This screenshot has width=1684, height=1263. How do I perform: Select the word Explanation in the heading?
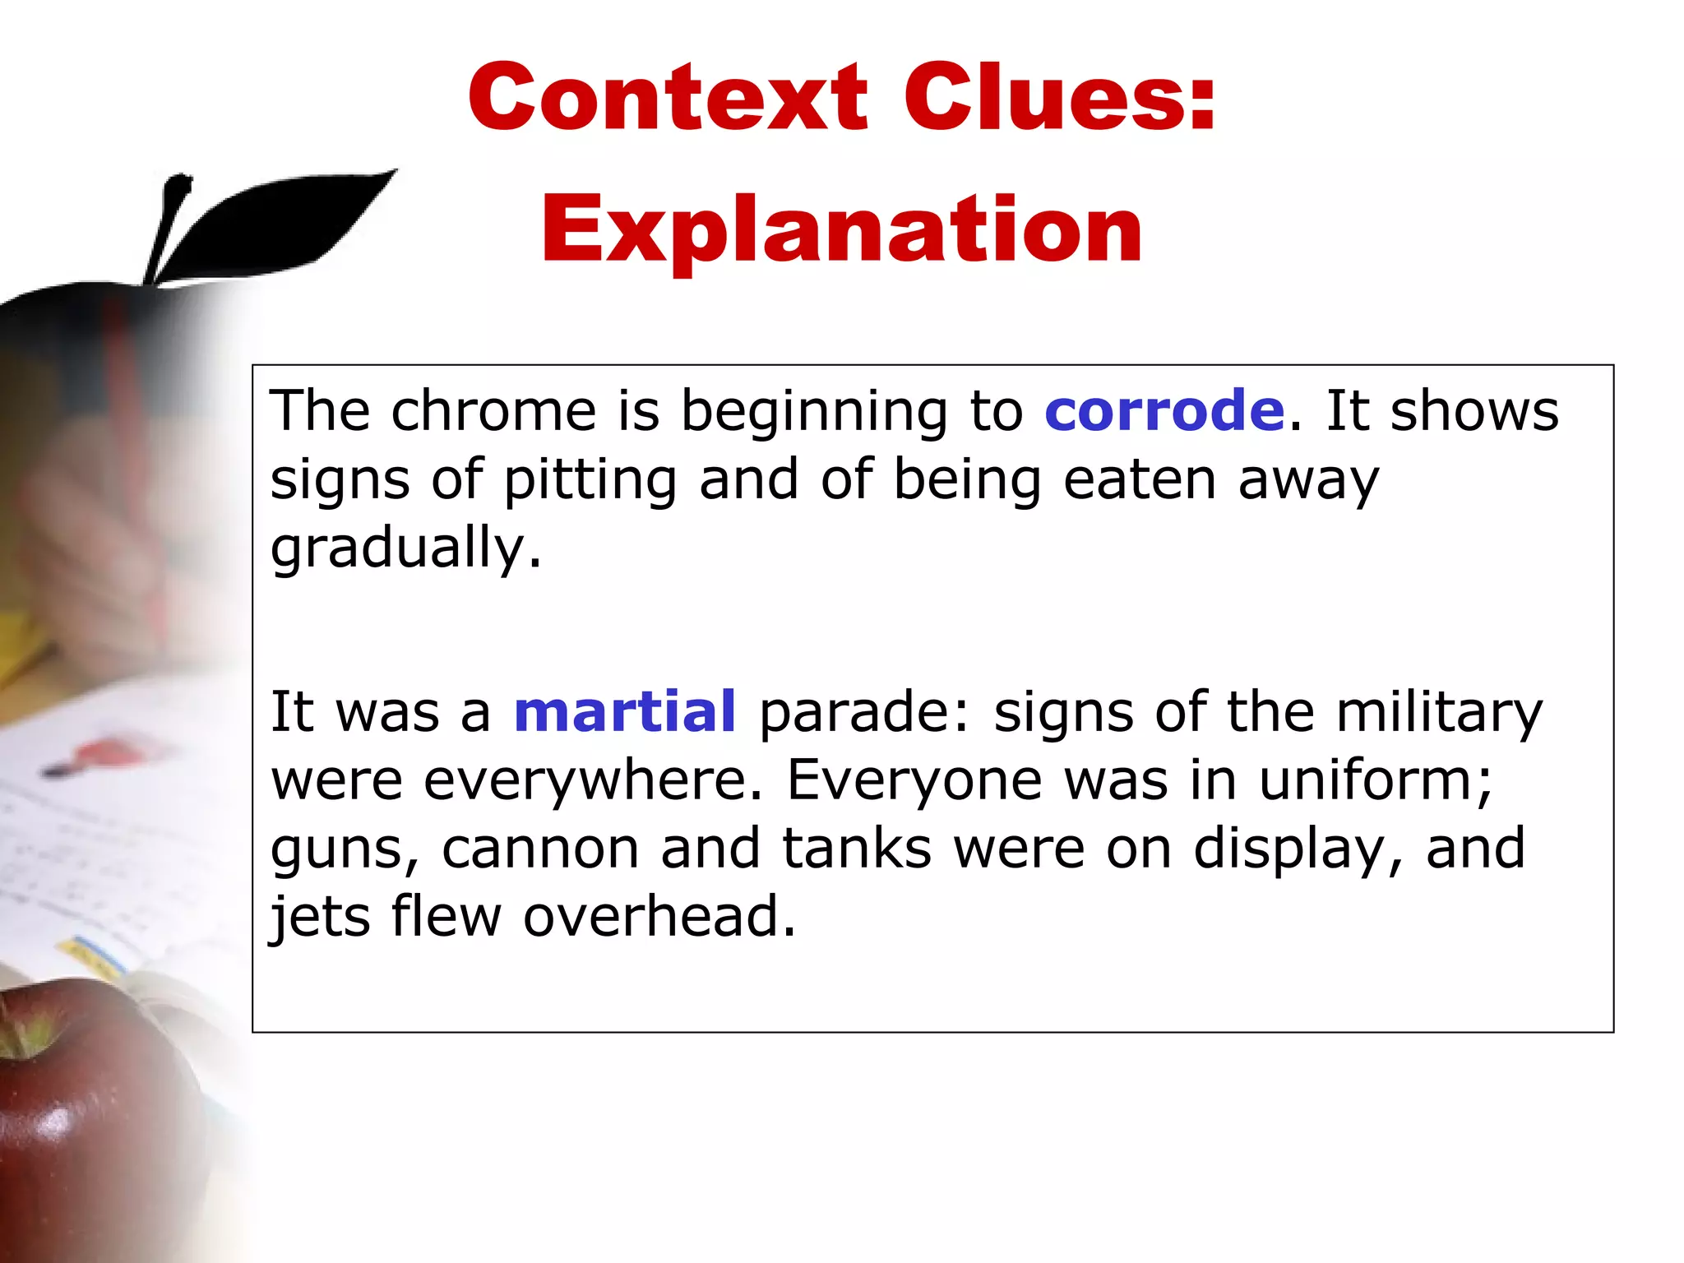(841, 230)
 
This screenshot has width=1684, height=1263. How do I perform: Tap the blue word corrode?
(1164, 411)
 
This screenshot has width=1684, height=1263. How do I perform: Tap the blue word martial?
(625, 712)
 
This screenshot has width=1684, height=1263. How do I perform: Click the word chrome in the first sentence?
(493, 411)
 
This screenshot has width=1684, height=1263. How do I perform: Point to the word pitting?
(590, 481)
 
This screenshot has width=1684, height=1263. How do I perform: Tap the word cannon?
(540, 850)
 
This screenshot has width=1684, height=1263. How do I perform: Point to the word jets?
(321, 918)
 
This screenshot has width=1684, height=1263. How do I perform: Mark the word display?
(1297, 850)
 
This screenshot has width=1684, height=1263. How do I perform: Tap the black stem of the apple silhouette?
(169, 222)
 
